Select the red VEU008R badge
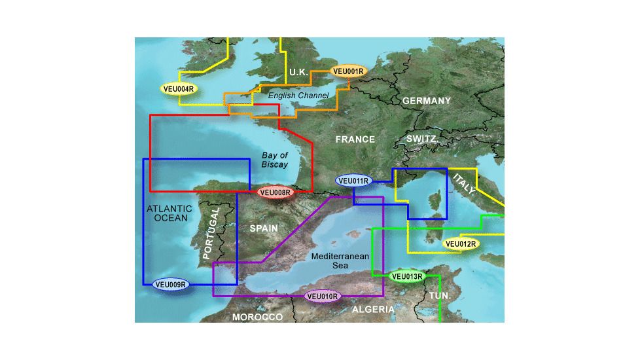click(x=275, y=192)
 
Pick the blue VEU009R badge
click(x=171, y=284)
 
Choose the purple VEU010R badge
click(x=323, y=297)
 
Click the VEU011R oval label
click(x=353, y=181)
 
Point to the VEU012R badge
click(x=461, y=244)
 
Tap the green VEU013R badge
click(x=408, y=277)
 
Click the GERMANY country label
click(x=427, y=101)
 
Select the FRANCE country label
click(x=355, y=139)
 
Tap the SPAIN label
click(x=264, y=228)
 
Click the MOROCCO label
click(x=257, y=317)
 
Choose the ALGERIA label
click(x=373, y=309)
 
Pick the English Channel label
click(x=298, y=96)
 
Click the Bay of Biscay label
click(x=275, y=160)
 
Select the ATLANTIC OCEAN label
click(x=169, y=213)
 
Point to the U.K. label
click(x=298, y=71)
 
